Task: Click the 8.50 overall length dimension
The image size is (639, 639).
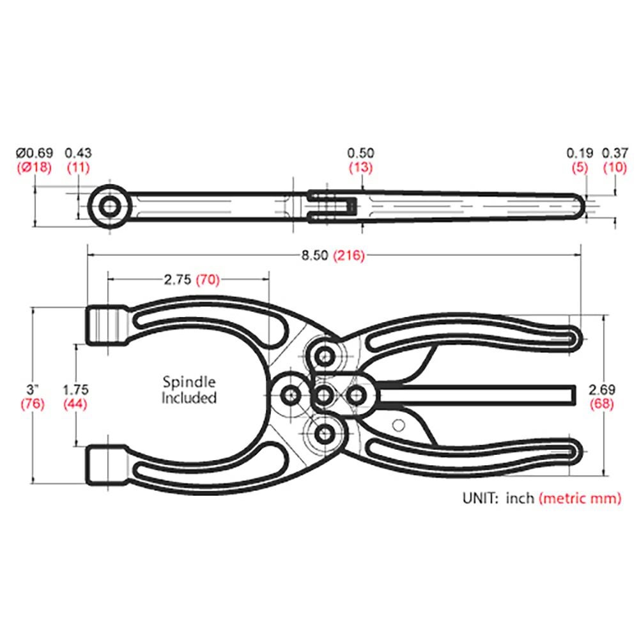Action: click(x=314, y=256)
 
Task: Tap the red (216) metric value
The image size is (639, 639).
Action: click(x=348, y=256)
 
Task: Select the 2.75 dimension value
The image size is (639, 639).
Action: click(x=177, y=279)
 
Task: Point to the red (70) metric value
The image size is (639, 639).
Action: click(x=208, y=279)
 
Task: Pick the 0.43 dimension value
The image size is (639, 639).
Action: click(x=79, y=153)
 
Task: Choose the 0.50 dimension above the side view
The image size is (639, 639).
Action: click(x=360, y=153)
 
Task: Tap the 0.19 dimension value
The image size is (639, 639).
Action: click(x=580, y=153)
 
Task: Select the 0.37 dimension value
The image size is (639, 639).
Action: click(x=615, y=153)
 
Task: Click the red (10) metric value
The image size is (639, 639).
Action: click(x=615, y=167)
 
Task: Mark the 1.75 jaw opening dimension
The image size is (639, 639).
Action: click(x=77, y=389)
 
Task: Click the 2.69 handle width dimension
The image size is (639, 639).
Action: click(x=602, y=389)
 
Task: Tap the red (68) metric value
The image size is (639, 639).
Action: click(x=602, y=403)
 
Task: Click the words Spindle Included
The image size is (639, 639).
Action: click(x=189, y=390)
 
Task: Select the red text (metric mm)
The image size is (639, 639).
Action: click(x=580, y=499)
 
